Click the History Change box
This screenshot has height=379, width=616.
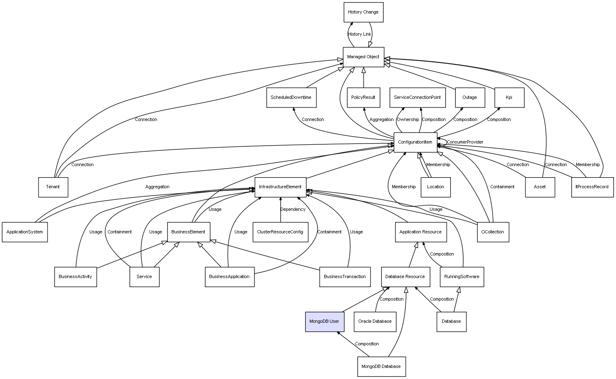tap(363, 12)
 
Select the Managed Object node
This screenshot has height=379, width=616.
tap(363, 57)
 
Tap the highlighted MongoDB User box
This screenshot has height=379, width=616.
tap(324, 322)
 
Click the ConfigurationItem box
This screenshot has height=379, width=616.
tap(415, 142)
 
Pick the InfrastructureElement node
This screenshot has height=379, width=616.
tap(280, 187)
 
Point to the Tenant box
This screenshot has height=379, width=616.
tap(53, 187)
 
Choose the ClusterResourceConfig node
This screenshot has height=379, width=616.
tap(280, 232)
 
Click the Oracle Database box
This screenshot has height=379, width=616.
tap(375, 322)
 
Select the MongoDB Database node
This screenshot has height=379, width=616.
tap(381, 366)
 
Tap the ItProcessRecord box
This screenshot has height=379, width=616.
tap(592, 187)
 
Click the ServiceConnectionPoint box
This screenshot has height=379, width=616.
tap(417, 98)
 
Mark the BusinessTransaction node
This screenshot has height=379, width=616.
tap(345, 277)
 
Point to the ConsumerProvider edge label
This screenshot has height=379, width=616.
tap(465, 142)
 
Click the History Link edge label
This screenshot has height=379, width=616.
tap(359, 34)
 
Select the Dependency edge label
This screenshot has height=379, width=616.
tap(293, 210)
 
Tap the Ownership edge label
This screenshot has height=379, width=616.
tap(408, 120)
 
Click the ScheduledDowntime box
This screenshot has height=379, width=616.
tap(291, 98)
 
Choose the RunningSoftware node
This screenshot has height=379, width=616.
tap(461, 277)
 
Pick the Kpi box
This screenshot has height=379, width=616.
tap(509, 98)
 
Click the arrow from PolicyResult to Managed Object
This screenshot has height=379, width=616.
tap(364, 78)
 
